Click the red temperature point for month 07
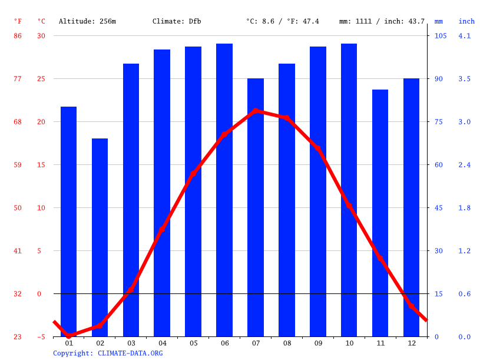click(256, 111)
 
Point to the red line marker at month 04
click(162, 229)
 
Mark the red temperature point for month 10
click(349, 206)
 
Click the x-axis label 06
click(224, 343)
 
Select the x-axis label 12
click(411, 343)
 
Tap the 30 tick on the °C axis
click(41, 36)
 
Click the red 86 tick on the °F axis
click(18, 36)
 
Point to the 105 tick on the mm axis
click(441, 36)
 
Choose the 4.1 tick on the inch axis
click(465, 36)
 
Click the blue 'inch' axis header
click(466, 21)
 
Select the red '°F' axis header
click(18, 21)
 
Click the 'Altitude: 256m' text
click(87, 21)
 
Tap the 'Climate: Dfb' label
click(177, 21)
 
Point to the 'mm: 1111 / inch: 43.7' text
click(382, 21)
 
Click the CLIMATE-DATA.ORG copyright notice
click(108, 353)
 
